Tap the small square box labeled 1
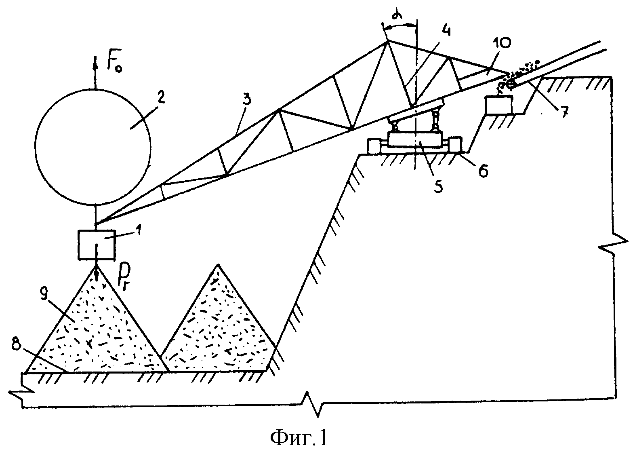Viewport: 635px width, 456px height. [x=97, y=245]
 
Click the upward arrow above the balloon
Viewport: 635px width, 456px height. [x=95, y=72]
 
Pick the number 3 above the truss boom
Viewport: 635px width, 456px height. [x=248, y=100]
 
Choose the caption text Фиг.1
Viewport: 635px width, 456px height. [x=299, y=437]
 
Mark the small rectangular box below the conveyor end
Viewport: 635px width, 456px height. [x=499, y=105]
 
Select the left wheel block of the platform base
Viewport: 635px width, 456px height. [x=374, y=146]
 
